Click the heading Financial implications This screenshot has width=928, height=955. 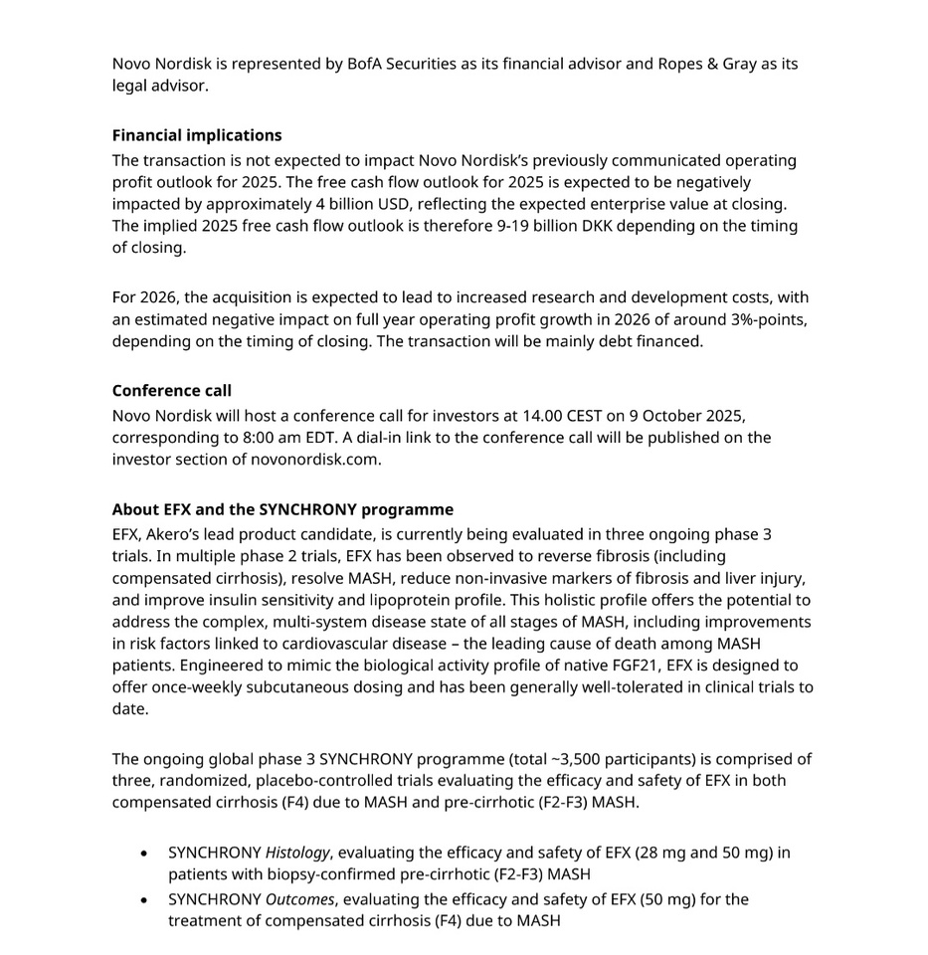(197, 135)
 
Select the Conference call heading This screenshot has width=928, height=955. (171, 390)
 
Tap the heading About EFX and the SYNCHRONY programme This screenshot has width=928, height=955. (282, 509)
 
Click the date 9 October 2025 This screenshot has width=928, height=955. (686, 416)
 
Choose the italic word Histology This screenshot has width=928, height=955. (296, 853)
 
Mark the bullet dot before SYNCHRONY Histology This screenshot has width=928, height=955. (145, 854)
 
